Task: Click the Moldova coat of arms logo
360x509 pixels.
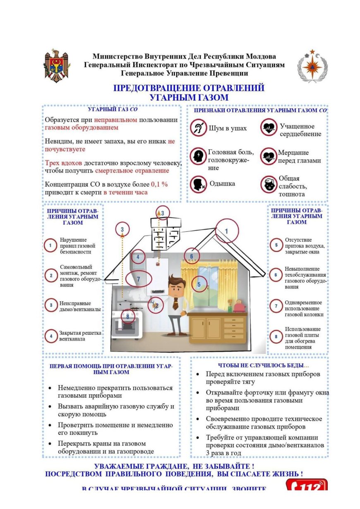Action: [57, 66]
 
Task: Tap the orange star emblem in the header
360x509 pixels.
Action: [312, 66]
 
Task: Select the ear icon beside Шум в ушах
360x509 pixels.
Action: [199, 128]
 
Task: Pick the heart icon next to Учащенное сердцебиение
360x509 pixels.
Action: [269, 127]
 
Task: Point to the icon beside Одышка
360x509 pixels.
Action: [199, 184]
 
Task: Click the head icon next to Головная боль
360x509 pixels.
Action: [199, 156]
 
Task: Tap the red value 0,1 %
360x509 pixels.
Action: [159, 185]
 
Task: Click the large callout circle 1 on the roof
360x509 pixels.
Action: [227, 231]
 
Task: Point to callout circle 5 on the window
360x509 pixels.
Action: [199, 284]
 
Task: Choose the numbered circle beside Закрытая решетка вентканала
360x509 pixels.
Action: [51, 336]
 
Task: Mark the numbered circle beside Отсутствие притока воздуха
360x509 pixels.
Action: [276, 245]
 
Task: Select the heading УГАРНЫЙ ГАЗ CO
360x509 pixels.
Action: [113, 110]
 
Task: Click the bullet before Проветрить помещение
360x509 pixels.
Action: [50, 425]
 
